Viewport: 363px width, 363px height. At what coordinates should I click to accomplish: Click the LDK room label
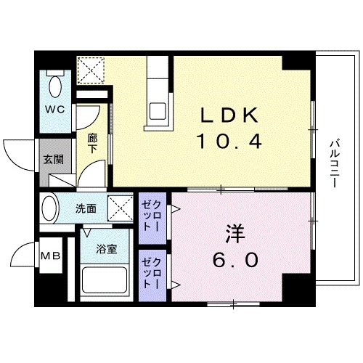(x=225, y=116)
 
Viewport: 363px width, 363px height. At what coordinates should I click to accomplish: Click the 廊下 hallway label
(x=92, y=141)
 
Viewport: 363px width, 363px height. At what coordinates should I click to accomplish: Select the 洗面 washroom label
(x=86, y=208)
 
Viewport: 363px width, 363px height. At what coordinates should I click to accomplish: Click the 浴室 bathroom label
(x=107, y=249)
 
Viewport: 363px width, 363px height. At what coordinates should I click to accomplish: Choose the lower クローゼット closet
(x=152, y=272)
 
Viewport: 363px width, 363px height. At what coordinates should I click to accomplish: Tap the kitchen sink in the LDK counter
(x=158, y=113)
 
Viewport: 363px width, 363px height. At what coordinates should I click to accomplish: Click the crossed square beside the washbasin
(x=120, y=208)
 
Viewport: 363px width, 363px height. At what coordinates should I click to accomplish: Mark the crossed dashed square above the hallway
(x=90, y=70)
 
